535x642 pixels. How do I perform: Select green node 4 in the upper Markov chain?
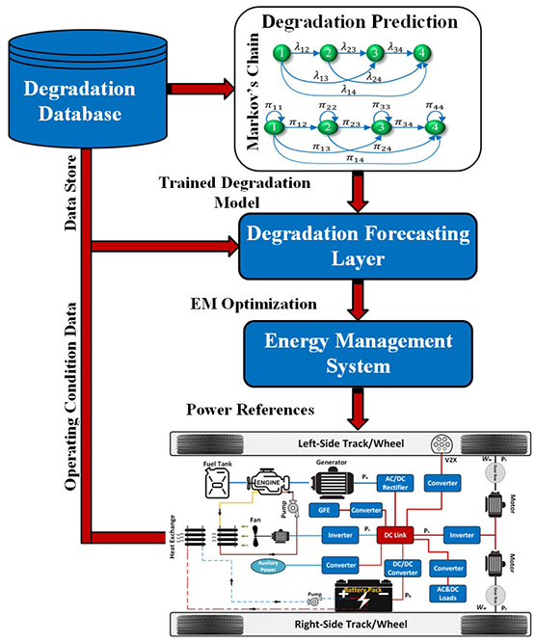421,54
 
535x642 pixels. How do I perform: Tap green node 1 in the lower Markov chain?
277,125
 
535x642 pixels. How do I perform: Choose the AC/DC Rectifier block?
391,483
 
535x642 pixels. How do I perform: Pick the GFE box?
322,510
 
